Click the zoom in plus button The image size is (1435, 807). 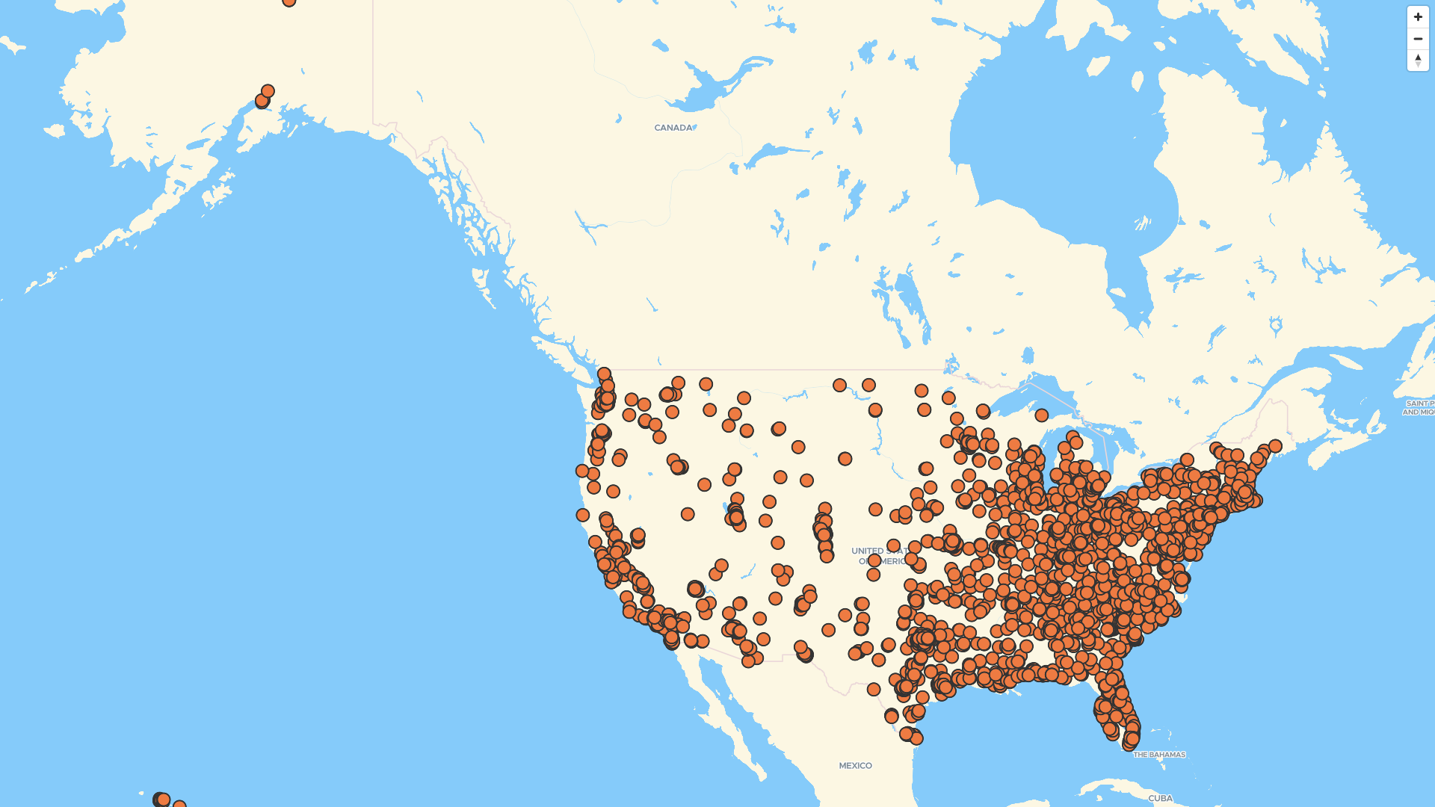pyautogui.click(x=1418, y=17)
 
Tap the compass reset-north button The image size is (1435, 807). pyautogui.click(x=1418, y=60)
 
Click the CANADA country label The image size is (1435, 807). pyautogui.click(x=673, y=128)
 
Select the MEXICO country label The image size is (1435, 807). pyautogui.click(x=855, y=766)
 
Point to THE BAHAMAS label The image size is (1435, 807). pyautogui.click(x=1159, y=755)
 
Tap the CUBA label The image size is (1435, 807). pyautogui.click(x=1160, y=798)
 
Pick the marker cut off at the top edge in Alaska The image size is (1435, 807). pyautogui.click(x=289, y=1)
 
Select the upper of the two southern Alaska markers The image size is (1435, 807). pyautogui.click(x=268, y=91)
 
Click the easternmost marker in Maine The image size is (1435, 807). pyautogui.click(x=1275, y=446)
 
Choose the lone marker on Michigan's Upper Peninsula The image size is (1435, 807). pyautogui.click(x=1041, y=415)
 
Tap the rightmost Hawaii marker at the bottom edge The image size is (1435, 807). pyautogui.click(x=179, y=804)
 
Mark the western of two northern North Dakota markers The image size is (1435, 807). pyautogui.click(x=839, y=386)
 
